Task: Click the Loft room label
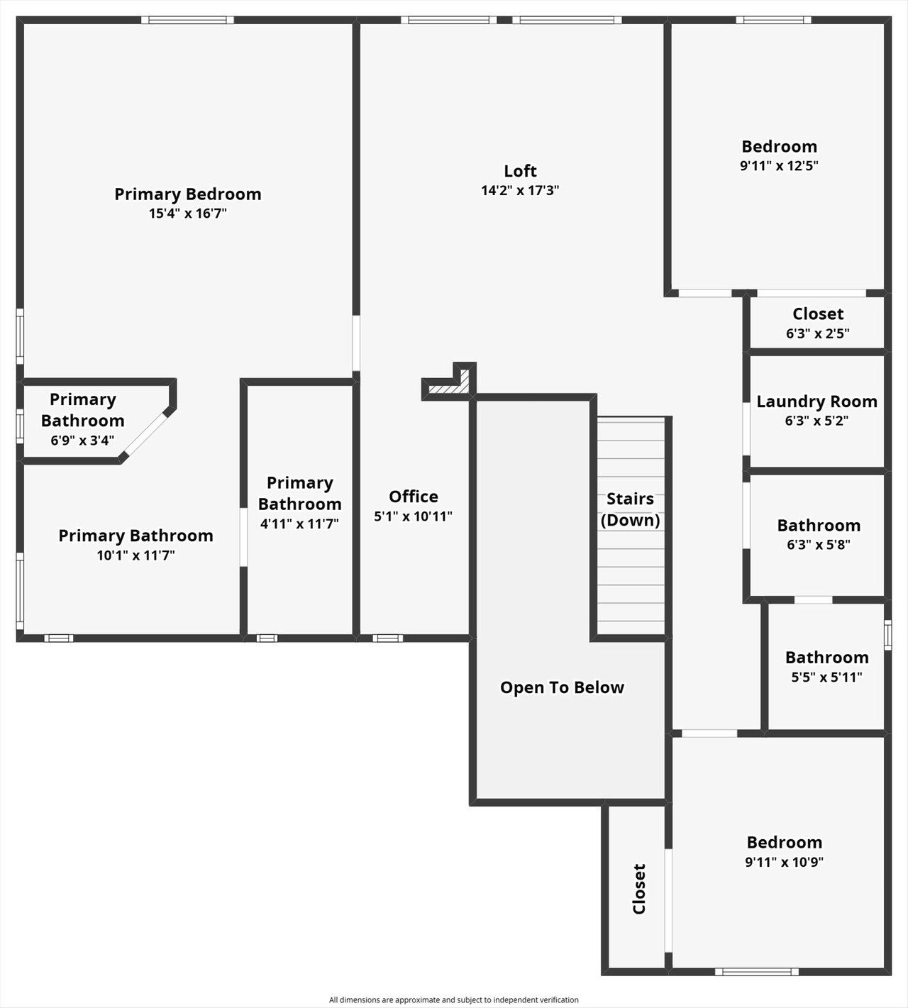click(520, 171)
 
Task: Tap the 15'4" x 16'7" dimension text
click(187, 214)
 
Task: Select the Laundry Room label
click(816, 401)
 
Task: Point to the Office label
click(414, 497)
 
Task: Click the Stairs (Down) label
click(630, 509)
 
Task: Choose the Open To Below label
click(562, 687)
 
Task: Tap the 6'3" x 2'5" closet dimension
click(817, 333)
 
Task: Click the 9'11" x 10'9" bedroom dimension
click(784, 863)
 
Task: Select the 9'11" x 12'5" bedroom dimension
click(779, 166)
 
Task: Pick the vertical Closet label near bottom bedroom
click(639, 889)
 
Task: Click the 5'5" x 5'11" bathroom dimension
click(826, 677)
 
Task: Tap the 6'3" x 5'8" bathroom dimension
click(818, 545)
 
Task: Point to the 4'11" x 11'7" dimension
click(299, 524)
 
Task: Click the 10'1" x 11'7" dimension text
click(135, 555)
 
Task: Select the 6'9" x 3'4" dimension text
click(82, 441)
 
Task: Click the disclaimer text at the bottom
click(453, 1000)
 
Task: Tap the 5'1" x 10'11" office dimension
click(413, 516)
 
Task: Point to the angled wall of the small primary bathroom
click(147, 433)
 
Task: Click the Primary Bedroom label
click(187, 194)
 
